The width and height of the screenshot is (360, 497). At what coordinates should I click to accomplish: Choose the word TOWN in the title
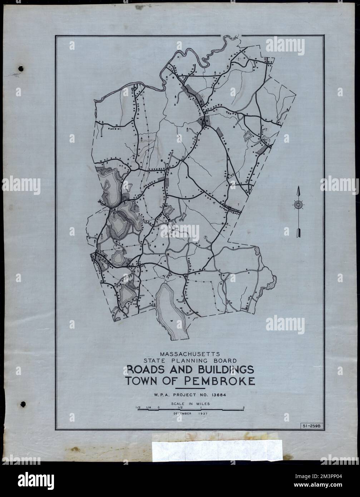(141, 382)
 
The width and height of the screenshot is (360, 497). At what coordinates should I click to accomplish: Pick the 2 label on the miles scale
(243, 407)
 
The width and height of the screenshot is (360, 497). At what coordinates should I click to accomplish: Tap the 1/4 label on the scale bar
(148, 407)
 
